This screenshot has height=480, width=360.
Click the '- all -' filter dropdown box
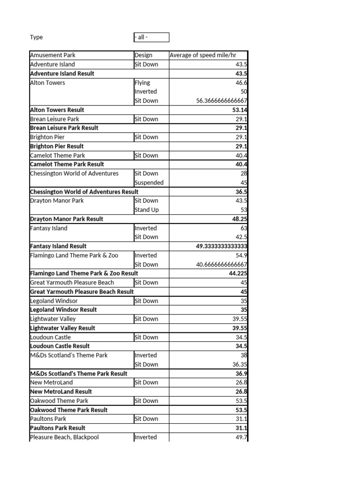(x=151, y=37)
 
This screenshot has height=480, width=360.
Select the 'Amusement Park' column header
(x=52, y=55)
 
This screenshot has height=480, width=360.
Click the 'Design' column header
(x=143, y=55)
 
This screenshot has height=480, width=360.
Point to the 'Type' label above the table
(x=36, y=37)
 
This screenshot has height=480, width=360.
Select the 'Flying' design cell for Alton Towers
(x=142, y=82)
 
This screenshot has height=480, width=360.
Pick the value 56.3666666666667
(x=222, y=101)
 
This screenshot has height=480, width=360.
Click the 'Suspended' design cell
(x=149, y=182)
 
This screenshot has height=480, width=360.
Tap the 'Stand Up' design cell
(x=146, y=210)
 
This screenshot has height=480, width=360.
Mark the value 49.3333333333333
(x=222, y=246)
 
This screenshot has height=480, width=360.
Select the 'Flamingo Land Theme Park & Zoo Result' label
(x=84, y=273)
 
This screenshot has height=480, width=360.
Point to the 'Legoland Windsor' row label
(x=54, y=301)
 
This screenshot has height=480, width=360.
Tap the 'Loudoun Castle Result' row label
(x=60, y=346)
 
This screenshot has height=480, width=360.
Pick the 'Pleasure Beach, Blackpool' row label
(x=64, y=437)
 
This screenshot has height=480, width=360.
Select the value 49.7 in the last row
(x=241, y=437)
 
